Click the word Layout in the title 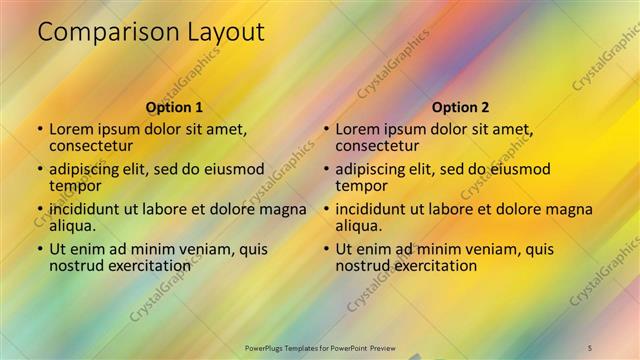[x=223, y=32]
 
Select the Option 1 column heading [x=174, y=107]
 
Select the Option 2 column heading [x=461, y=107]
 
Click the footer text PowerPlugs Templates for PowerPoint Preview [x=322, y=347]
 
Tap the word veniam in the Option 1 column [x=205, y=249]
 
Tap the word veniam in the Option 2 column [x=491, y=249]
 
